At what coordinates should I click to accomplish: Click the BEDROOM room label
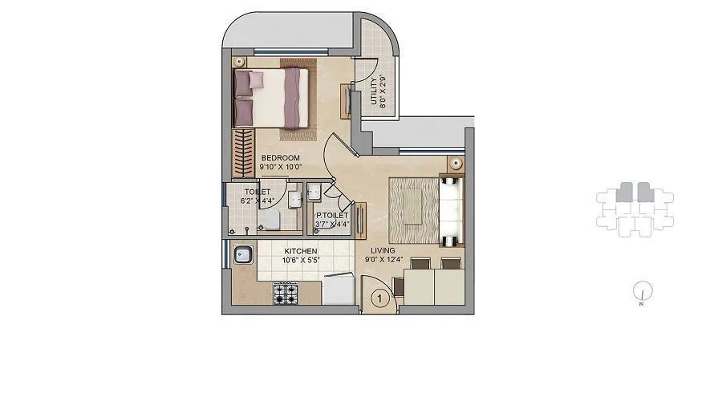click(280, 157)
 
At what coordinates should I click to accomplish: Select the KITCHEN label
click(298, 251)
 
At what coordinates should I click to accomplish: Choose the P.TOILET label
click(331, 216)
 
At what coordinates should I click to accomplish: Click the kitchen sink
click(242, 257)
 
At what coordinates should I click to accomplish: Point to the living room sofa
click(450, 210)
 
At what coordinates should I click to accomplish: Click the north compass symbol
click(642, 292)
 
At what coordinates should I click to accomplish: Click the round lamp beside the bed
click(238, 62)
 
